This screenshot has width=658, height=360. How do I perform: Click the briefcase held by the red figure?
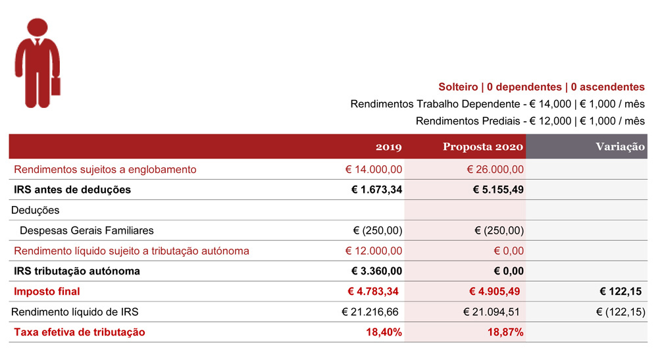pos(56,86)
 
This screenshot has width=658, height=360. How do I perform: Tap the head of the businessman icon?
pos(38,27)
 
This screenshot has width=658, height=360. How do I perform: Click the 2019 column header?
pos(389,147)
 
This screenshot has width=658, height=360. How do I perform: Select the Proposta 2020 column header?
pos(483,146)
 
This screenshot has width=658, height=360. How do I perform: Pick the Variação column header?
pos(620,146)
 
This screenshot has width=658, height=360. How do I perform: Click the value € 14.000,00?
pos(374,170)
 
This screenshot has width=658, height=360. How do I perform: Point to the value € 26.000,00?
pos(495,170)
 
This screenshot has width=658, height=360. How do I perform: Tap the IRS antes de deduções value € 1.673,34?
pos(376,190)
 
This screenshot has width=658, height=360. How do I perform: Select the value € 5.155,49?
pos(498,190)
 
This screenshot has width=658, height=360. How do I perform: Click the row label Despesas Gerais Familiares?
pos(87,230)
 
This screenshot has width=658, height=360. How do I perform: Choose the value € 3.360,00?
pos(376,271)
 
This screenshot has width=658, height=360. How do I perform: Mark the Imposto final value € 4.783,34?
pos(373,291)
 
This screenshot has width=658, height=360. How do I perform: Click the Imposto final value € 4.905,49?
pos(494,291)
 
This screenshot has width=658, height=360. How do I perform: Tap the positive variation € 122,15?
pos(620,291)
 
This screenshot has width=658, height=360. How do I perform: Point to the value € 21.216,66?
pos(370,312)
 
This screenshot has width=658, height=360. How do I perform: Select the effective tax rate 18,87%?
pos(505,332)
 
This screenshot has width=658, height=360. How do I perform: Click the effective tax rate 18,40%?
pos(384,332)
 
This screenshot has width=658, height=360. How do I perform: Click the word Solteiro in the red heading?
pos(458,87)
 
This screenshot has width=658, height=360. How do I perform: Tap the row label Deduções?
pos(36,210)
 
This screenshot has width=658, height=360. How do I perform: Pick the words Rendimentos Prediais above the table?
pos(468,121)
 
